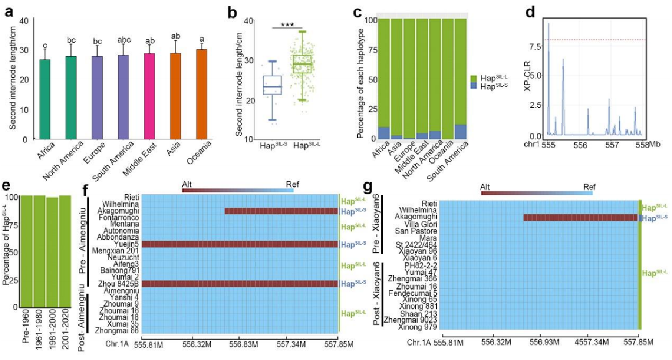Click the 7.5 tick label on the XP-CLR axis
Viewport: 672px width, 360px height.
[x=535, y=46]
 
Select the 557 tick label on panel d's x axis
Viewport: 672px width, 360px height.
[x=612, y=145]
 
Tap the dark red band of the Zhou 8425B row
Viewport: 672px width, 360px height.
[x=240, y=284]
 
